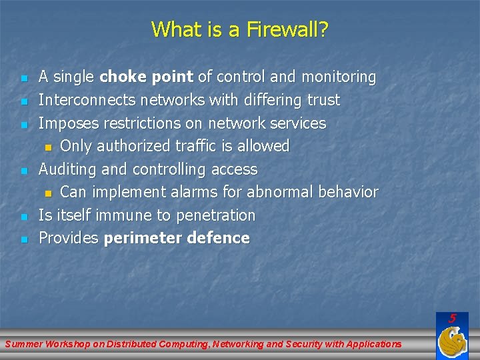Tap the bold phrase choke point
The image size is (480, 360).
click(x=146, y=77)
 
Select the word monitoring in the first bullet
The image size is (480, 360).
click(x=339, y=77)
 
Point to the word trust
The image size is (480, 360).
click(x=323, y=100)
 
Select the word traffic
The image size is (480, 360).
click(x=216, y=146)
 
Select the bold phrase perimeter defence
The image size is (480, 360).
click(x=177, y=238)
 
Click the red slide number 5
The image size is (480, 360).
click(x=452, y=319)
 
